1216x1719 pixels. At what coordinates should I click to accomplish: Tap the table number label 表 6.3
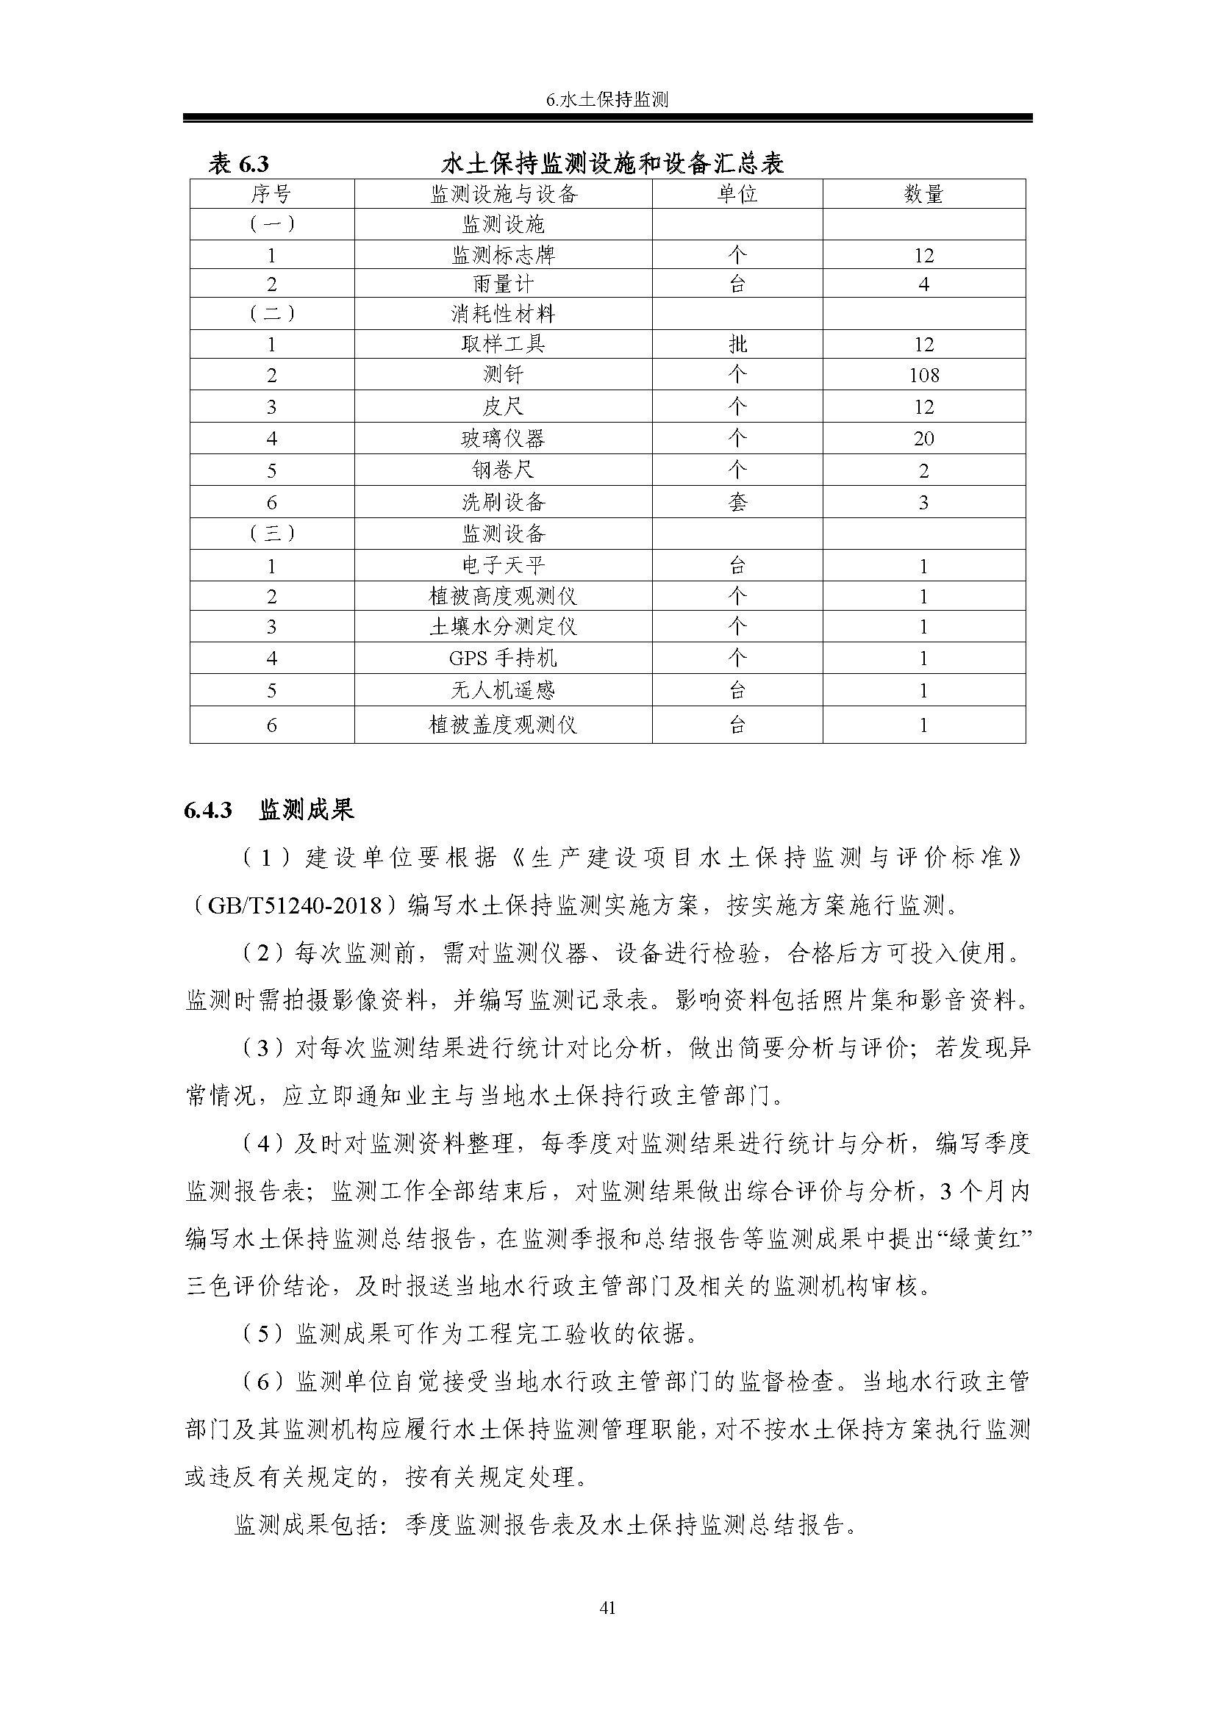(x=239, y=164)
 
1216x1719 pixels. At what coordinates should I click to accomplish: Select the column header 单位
(x=737, y=195)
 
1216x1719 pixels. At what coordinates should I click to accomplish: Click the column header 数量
(x=923, y=195)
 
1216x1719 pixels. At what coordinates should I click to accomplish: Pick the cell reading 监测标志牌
(x=503, y=255)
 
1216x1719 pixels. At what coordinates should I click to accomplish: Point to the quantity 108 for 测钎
(x=923, y=375)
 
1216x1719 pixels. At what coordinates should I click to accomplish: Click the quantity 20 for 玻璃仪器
(x=923, y=439)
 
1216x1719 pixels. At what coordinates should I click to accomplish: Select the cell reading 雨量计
(x=503, y=284)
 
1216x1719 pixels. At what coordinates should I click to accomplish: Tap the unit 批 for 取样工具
(x=737, y=345)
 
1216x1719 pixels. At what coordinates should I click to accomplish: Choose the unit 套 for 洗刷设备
(x=737, y=503)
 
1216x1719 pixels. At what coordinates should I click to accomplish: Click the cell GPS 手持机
(x=503, y=658)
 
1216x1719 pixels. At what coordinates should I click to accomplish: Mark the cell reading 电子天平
(x=503, y=565)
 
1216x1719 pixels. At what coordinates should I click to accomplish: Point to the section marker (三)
(x=271, y=534)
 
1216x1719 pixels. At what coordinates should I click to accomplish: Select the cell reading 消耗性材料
(x=503, y=314)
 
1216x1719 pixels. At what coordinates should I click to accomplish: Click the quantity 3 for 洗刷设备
(x=923, y=503)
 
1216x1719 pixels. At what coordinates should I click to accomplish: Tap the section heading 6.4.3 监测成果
(x=269, y=810)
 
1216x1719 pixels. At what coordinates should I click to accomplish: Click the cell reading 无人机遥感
(x=503, y=690)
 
